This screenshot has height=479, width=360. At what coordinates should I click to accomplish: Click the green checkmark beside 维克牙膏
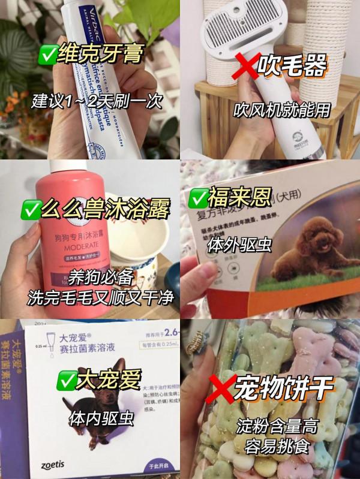point(47,57)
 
